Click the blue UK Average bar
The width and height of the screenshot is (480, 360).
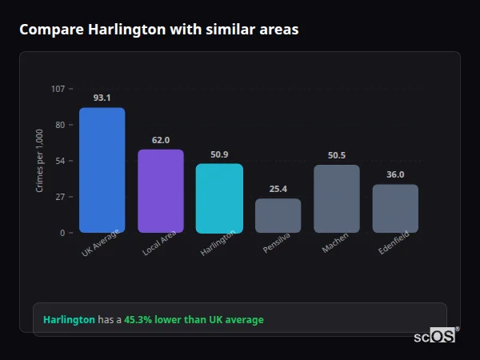click(x=102, y=170)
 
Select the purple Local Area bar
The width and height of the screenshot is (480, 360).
click(x=161, y=191)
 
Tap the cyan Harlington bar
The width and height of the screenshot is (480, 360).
click(x=219, y=198)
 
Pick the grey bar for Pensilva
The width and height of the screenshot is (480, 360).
click(x=278, y=216)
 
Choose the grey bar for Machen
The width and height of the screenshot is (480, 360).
click(x=336, y=199)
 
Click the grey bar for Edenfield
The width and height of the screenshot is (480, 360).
click(x=395, y=209)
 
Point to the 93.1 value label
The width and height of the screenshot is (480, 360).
click(x=102, y=98)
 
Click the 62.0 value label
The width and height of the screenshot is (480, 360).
click(x=161, y=140)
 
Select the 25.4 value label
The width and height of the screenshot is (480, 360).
click(x=278, y=189)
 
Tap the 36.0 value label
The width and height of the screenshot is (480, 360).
click(x=395, y=174)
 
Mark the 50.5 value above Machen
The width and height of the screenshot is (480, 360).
click(x=336, y=155)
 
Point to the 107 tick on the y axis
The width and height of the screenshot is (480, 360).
click(x=58, y=89)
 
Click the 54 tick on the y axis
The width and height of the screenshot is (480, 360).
click(x=60, y=161)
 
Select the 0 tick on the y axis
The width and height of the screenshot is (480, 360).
click(x=62, y=233)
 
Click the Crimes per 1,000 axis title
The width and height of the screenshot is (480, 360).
click(x=40, y=161)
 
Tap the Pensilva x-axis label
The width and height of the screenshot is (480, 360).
click(x=277, y=243)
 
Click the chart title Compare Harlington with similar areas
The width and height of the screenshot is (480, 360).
click(x=158, y=30)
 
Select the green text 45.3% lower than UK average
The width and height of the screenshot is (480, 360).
click(x=194, y=320)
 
